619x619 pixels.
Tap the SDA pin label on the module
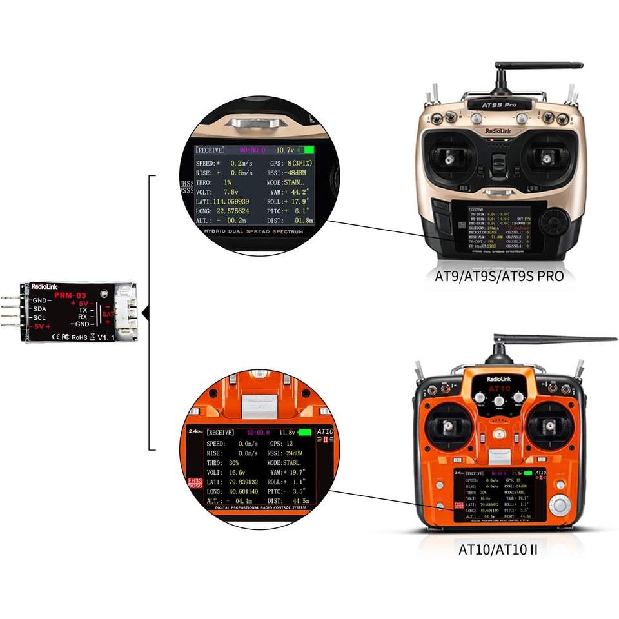click(x=40, y=309)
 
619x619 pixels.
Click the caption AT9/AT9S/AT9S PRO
click(x=499, y=276)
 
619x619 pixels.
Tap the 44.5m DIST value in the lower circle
click(x=300, y=500)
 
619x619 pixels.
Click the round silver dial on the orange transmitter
click(x=559, y=504)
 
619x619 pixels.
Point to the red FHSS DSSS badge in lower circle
click(x=195, y=484)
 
